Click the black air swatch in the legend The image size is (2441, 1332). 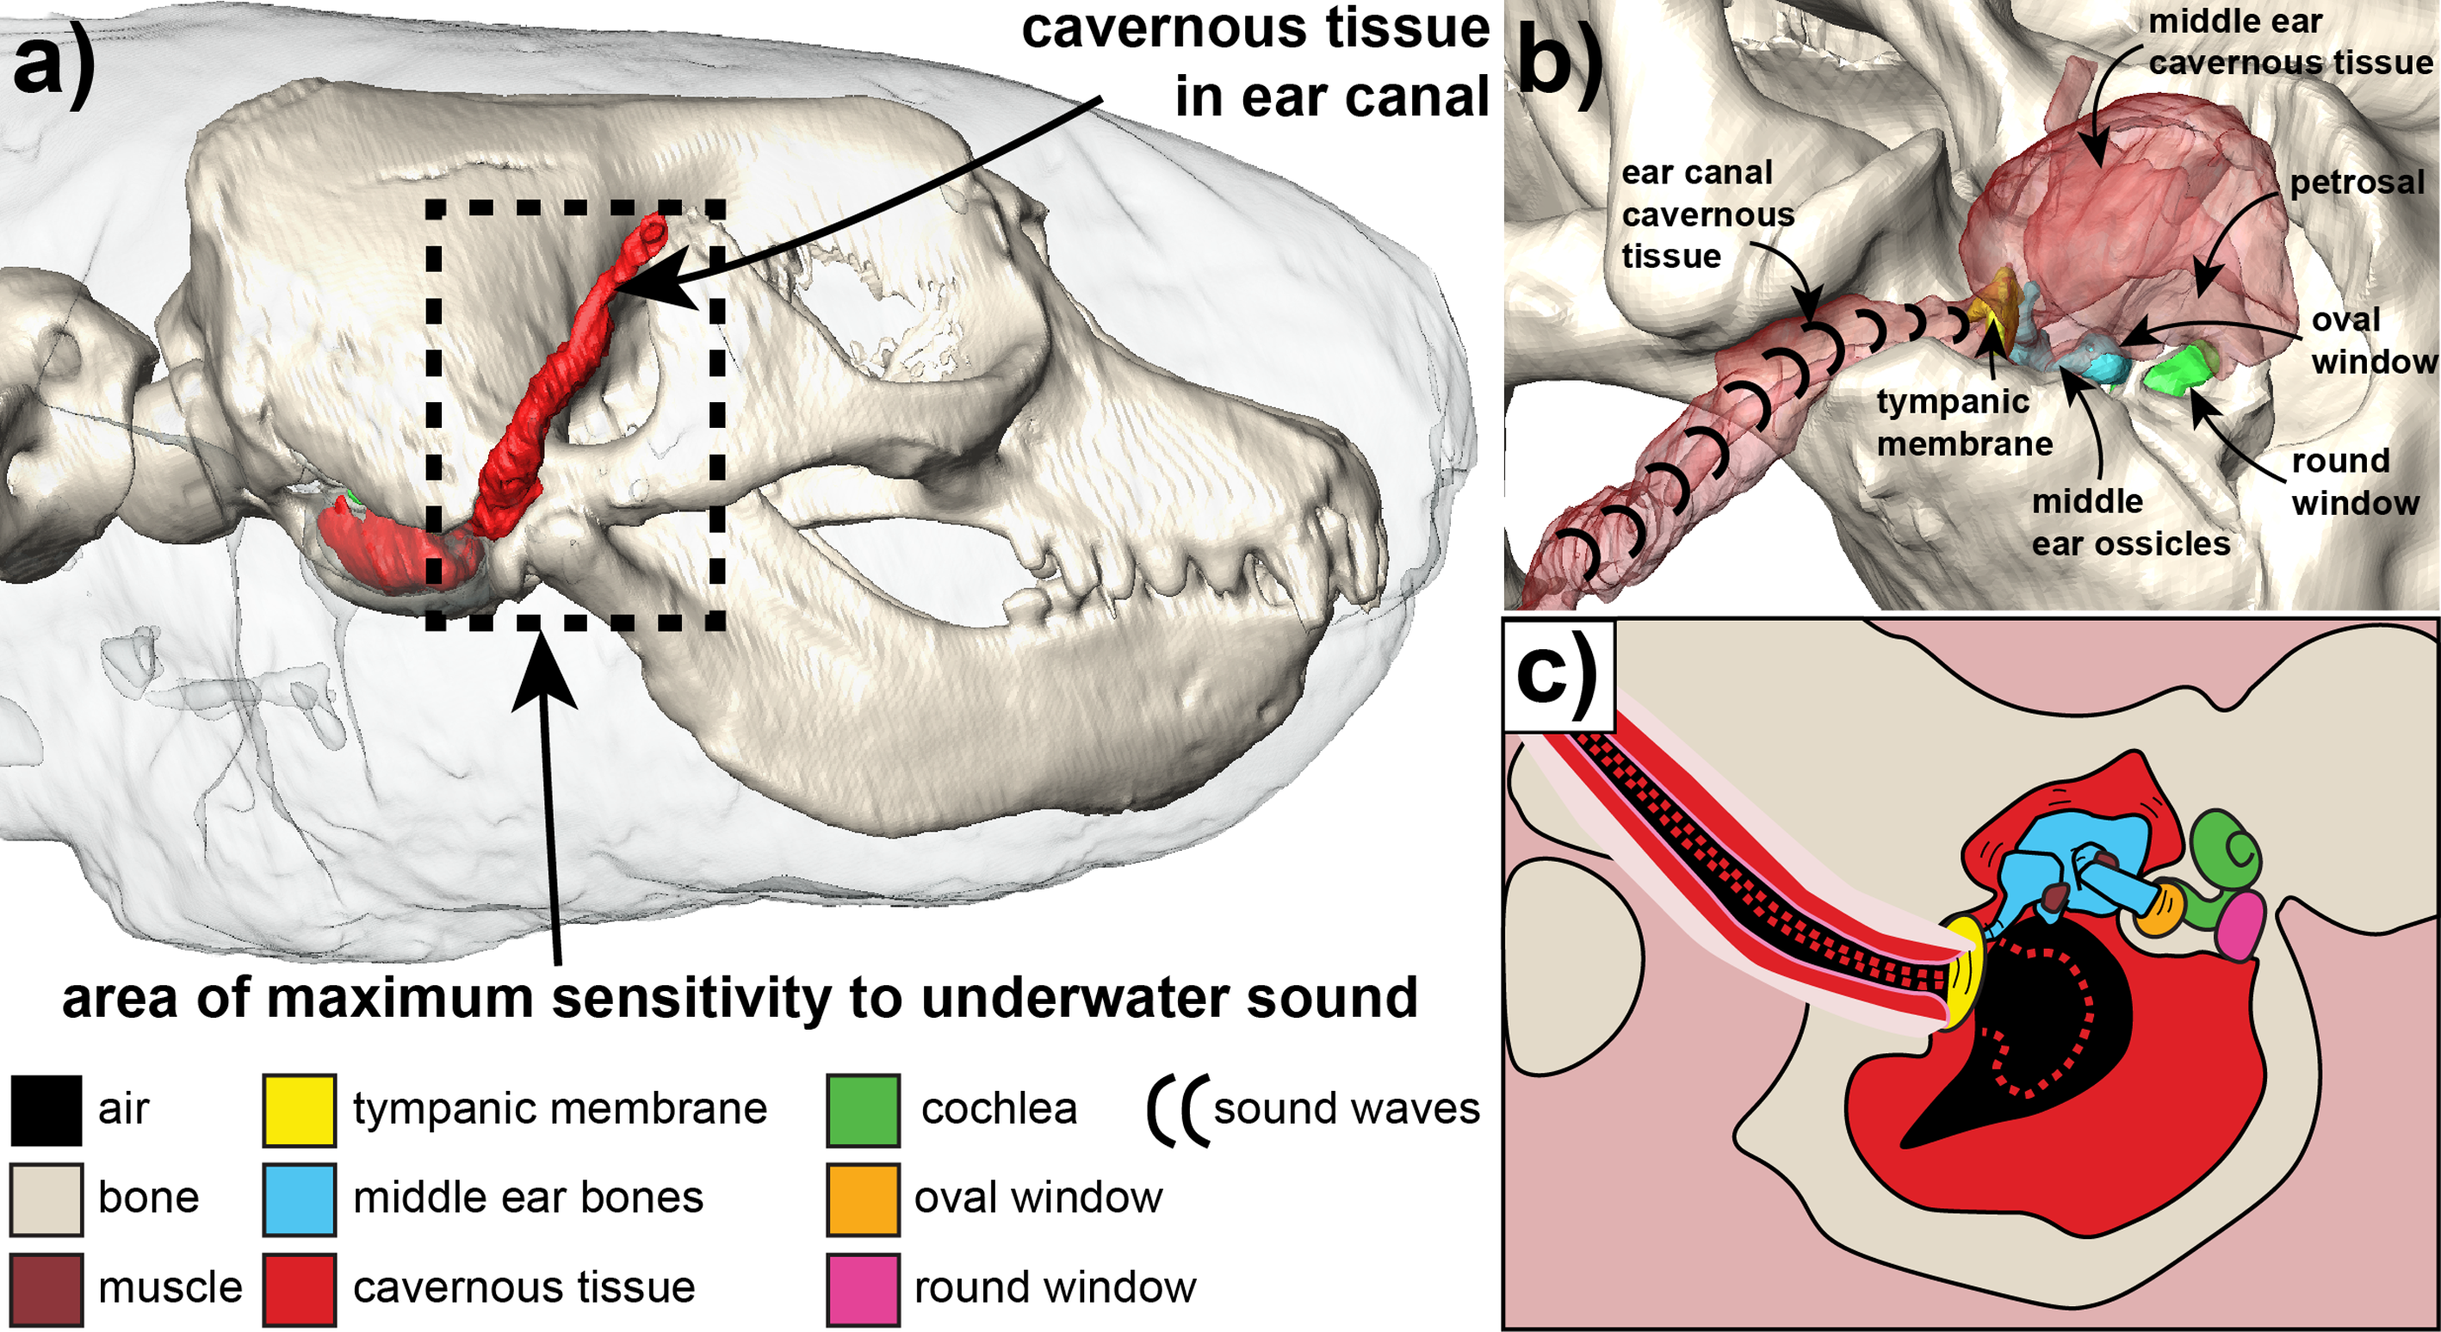46,1109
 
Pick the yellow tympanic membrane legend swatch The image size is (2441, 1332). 300,1109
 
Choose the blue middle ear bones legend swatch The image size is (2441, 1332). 300,1199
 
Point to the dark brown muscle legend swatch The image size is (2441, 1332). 46,1289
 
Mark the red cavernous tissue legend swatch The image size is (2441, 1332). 300,1289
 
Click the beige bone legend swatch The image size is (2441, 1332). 46,1199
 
